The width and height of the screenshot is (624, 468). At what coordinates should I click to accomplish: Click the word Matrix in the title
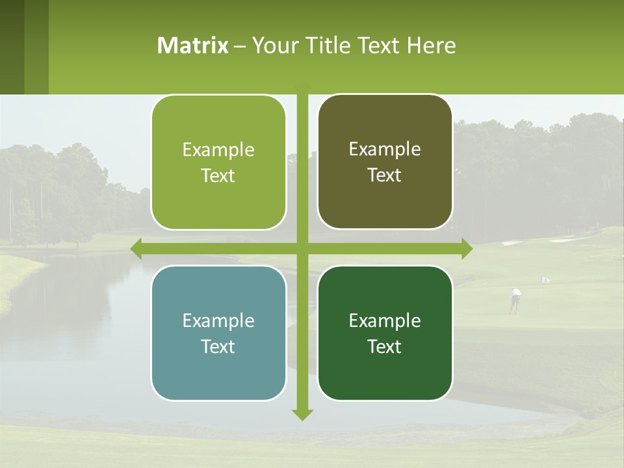point(193,45)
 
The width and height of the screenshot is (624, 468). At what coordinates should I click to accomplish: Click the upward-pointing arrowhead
point(302,86)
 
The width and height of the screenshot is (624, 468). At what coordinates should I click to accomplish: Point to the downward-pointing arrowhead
point(302,414)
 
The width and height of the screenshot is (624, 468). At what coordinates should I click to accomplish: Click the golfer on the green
point(515,300)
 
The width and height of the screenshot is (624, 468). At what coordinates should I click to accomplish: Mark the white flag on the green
point(545,279)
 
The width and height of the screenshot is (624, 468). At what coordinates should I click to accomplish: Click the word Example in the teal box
point(218,321)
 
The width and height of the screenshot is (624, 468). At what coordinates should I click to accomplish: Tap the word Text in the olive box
point(385,175)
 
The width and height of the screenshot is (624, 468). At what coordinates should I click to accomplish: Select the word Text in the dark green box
point(385,347)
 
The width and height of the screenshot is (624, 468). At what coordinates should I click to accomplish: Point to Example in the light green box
point(218,150)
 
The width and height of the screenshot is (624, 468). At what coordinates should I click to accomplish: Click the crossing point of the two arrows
point(302,248)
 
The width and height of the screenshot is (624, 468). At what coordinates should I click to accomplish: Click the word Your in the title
point(268,45)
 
